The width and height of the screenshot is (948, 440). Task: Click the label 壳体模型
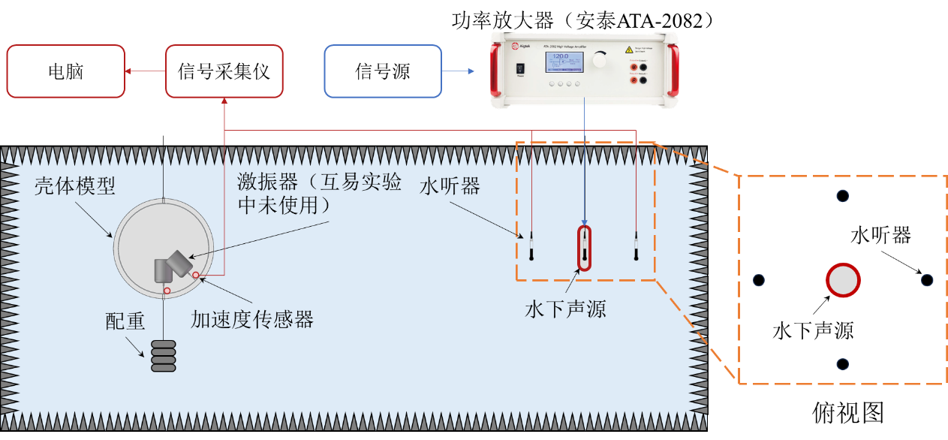75,186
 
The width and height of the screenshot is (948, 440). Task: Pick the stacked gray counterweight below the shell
163,356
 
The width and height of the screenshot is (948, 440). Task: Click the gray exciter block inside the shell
173,267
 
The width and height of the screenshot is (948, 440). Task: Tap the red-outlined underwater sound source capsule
584,248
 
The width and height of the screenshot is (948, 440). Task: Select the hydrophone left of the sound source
531,245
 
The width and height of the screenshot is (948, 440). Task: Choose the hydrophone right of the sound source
636,245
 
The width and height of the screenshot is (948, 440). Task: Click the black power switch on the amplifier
521,69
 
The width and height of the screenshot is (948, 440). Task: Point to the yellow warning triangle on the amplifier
629,49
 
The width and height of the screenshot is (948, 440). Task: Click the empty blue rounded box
383,71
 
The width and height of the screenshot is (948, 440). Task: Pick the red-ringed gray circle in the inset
843,280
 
